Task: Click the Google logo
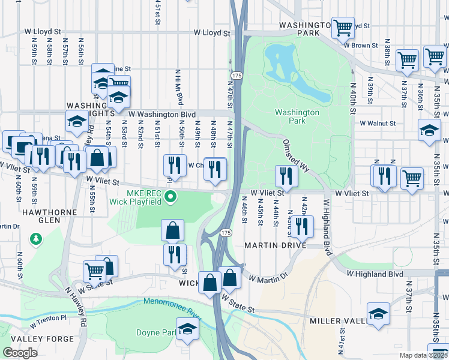(x=20, y=353)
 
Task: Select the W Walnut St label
(x=378, y=123)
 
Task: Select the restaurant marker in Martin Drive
(x=301, y=226)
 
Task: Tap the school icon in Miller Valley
(x=378, y=313)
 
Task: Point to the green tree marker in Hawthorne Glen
(x=37, y=239)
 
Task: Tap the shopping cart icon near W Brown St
(x=343, y=27)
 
